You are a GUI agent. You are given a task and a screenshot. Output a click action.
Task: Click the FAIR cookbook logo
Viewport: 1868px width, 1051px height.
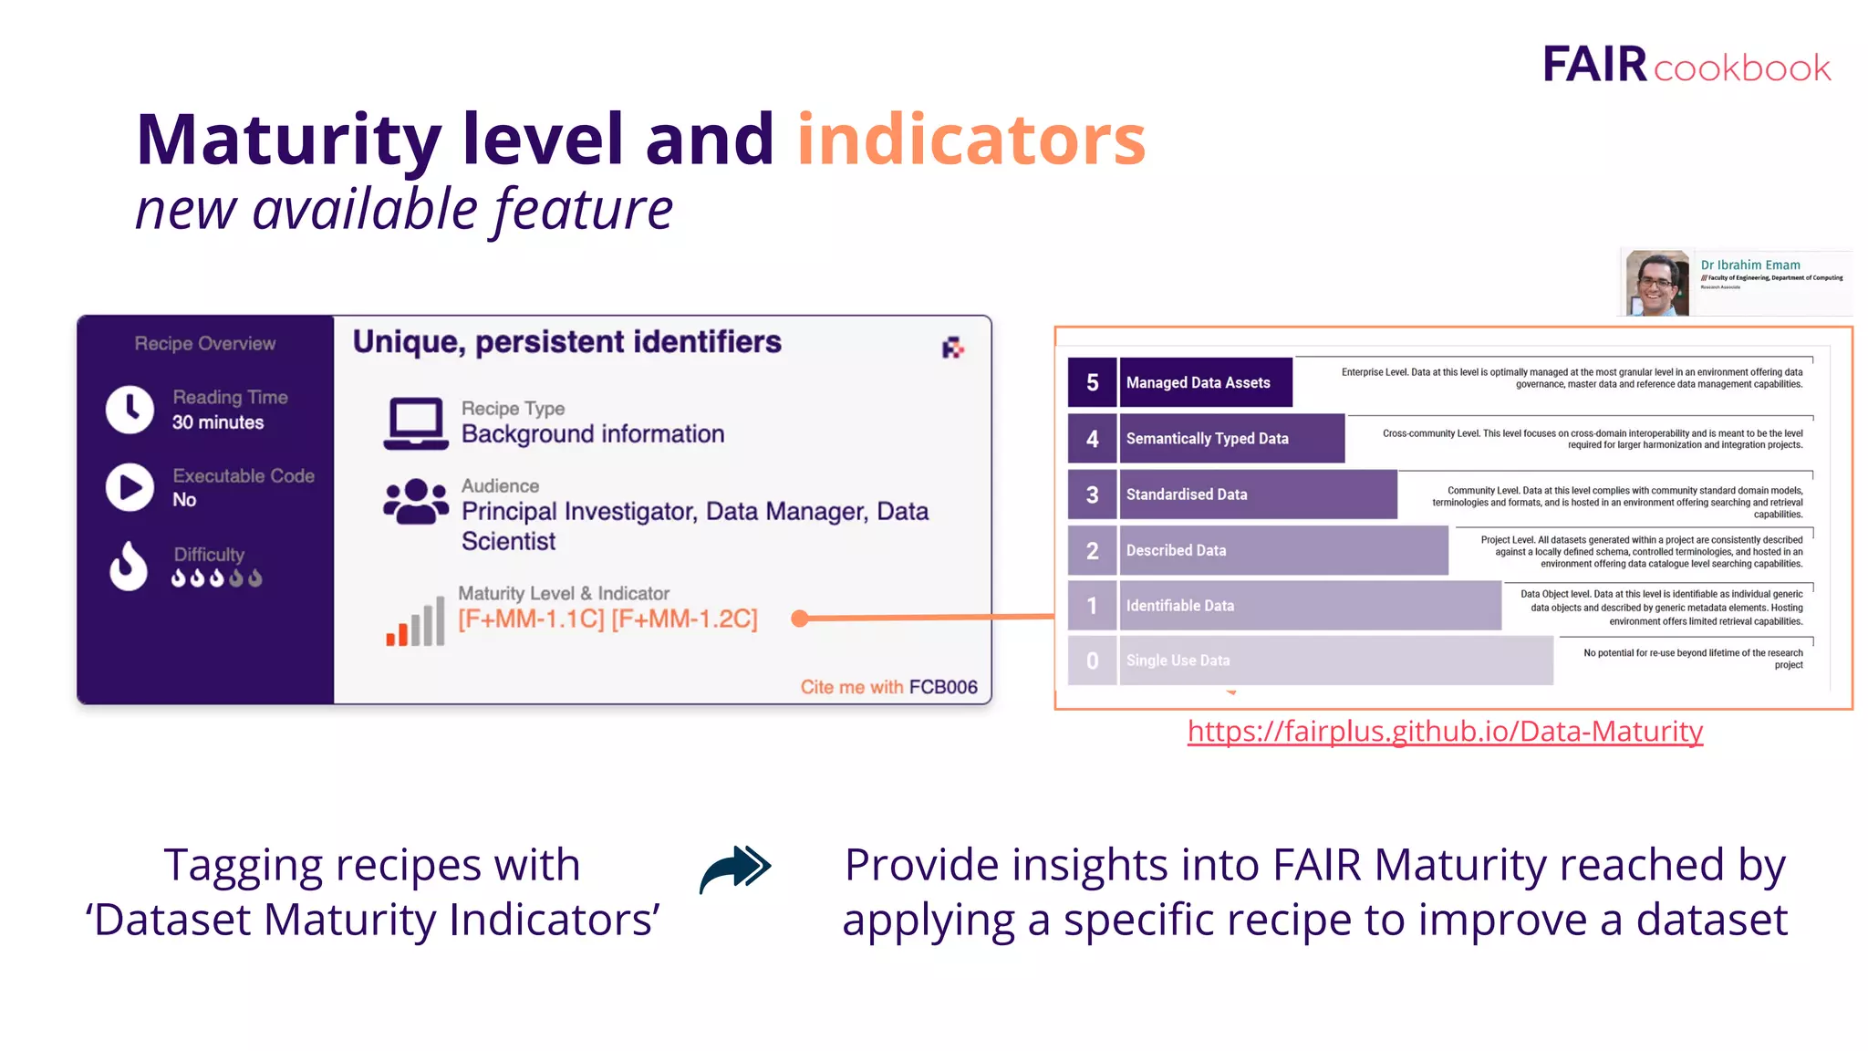pos(1686,65)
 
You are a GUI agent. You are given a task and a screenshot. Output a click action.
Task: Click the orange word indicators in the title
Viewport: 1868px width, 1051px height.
pos(970,140)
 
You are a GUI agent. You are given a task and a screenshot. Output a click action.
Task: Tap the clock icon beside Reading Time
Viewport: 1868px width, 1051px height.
pos(130,409)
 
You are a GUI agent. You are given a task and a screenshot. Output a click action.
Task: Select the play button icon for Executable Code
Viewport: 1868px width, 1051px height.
pos(130,487)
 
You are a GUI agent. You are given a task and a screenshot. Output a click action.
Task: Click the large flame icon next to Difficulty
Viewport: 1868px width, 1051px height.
pos(129,566)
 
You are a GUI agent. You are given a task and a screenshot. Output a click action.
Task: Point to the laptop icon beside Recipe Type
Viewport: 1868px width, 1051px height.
pos(415,422)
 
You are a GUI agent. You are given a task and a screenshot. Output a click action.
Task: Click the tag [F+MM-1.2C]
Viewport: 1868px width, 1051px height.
pos(684,619)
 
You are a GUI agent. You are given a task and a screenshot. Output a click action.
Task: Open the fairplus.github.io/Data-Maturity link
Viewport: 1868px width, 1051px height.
pos(1445,732)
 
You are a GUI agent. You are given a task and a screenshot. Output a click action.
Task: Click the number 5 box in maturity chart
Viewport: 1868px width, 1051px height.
pos(1092,382)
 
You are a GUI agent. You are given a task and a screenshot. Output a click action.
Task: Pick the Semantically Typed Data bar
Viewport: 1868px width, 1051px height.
pos(1231,439)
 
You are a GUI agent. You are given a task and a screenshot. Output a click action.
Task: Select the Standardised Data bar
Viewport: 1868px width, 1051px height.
pos(1257,494)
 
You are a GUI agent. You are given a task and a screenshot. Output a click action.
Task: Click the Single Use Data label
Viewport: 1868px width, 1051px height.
pos(1178,661)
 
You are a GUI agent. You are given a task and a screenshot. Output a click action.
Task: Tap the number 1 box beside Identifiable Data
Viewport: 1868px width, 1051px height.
pos(1092,606)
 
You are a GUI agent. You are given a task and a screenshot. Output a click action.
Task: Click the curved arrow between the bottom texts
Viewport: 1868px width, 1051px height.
pos(735,869)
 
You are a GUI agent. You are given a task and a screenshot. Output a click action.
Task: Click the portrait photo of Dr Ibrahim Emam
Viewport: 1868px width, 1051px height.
pos(1657,284)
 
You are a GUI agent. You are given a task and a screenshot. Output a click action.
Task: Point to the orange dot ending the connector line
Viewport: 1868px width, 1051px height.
pos(800,619)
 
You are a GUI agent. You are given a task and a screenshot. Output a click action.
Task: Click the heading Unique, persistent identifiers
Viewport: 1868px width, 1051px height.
pos(566,342)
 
